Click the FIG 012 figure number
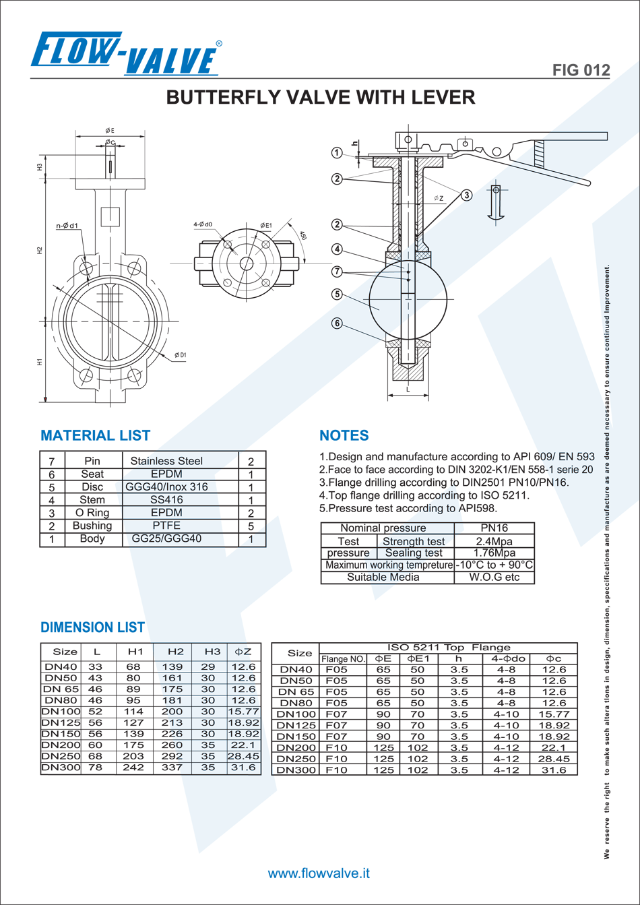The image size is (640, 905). tap(581, 70)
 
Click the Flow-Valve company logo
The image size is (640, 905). tap(127, 54)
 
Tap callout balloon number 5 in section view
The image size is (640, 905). tap(337, 294)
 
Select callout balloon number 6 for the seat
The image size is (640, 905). tap(337, 323)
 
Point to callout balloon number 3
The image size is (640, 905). tap(467, 195)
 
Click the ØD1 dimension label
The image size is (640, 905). tap(181, 355)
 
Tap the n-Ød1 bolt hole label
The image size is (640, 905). tap(67, 226)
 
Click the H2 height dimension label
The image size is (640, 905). tap(40, 251)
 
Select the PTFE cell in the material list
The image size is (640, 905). tap(166, 526)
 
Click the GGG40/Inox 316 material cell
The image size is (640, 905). tap(166, 487)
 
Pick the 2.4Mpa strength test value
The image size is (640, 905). tap(494, 541)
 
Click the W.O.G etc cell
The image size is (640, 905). tap(494, 577)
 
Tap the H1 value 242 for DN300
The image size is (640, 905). tap(133, 768)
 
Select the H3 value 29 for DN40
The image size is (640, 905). tap(208, 666)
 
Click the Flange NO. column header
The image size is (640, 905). tap(343, 659)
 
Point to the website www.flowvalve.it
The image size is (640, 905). tap(319, 873)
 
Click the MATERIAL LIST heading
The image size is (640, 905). tap(95, 435)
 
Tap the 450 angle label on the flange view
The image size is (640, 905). tap(302, 236)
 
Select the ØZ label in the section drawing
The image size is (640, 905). tap(439, 198)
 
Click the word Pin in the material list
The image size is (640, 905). tap(92, 461)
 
